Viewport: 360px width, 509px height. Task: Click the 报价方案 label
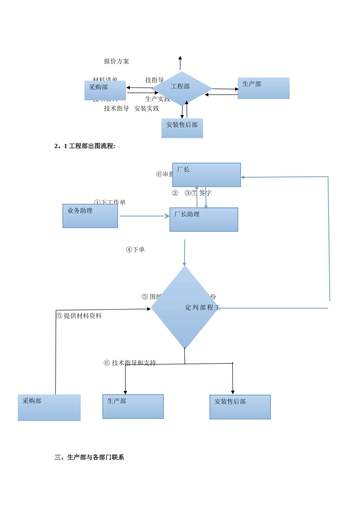tap(116, 61)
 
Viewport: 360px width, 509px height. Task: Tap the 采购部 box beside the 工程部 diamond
tap(105, 91)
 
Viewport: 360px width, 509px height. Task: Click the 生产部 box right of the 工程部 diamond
tap(263, 88)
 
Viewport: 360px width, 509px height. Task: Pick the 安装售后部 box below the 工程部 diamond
tap(182, 128)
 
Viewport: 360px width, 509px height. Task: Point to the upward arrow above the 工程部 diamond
tap(180, 62)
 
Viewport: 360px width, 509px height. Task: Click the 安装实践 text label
tap(147, 109)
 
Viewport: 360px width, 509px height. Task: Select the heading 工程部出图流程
tap(85, 146)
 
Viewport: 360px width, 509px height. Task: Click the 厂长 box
tap(207, 175)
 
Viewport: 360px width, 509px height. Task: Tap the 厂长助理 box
tap(204, 220)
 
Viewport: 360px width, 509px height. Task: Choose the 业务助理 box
tap(90, 216)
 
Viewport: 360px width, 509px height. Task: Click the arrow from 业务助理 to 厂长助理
tap(144, 216)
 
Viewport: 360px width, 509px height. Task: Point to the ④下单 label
tap(135, 250)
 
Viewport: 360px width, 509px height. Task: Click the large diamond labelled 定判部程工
tap(185, 308)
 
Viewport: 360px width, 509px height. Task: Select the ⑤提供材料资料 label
tap(79, 316)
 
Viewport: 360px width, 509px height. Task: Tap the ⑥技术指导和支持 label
tap(130, 363)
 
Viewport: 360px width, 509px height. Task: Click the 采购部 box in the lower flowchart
tap(49, 408)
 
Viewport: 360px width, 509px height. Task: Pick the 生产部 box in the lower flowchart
tap(133, 407)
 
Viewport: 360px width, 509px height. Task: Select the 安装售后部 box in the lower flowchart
tap(240, 407)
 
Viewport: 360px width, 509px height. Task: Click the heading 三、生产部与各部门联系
tap(89, 457)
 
